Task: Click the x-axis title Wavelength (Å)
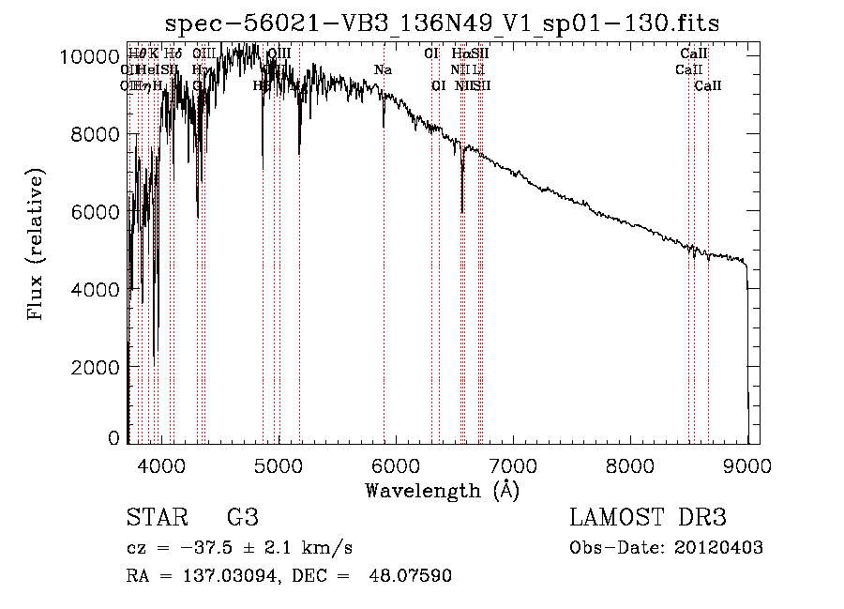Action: pos(443,490)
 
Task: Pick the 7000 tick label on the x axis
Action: pos(513,464)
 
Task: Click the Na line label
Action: pos(383,70)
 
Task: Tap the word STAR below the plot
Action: pos(155,519)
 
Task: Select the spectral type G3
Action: pos(243,519)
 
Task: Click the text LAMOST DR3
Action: pos(648,519)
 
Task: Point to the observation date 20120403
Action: pos(716,548)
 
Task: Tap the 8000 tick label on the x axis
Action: pos(630,464)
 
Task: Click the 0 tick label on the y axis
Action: pos(113,438)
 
